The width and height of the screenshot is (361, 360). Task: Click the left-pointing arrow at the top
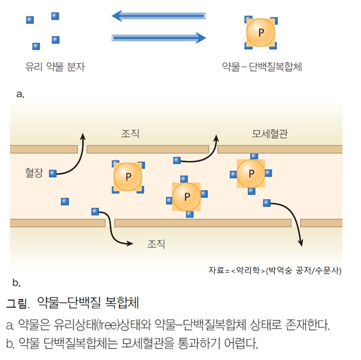tap(158, 15)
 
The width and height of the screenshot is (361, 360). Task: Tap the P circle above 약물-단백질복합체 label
tap(260, 33)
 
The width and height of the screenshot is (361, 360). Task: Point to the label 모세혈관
tap(270, 134)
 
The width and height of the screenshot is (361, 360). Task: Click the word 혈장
tap(34, 170)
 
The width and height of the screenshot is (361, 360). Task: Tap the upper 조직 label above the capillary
tap(130, 134)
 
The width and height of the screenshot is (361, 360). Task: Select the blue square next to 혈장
tap(53, 173)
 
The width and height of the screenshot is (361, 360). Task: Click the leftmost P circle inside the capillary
tap(128, 177)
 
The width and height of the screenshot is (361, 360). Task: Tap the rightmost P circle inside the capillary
tap(250, 173)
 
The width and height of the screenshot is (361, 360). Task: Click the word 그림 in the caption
tap(16, 302)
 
